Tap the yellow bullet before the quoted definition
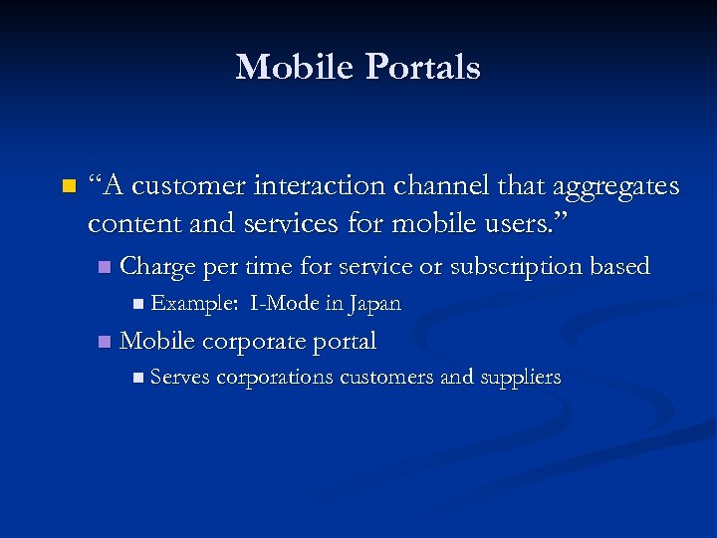pyautogui.click(x=68, y=186)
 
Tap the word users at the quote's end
pyautogui.click(x=506, y=223)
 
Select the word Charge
pyautogui.click(x=157, y=267)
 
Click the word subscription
pyautogui.click(x=517, y=268)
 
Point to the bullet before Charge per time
pyautogui.click(x=106, y=268)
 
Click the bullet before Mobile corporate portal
pyautogui.click(x=106, y=343)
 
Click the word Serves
pyautogui.click(x=180, y=378)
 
